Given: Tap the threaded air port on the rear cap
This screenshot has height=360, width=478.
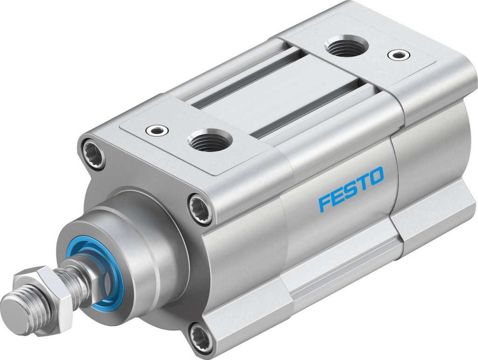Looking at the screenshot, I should (346, 46).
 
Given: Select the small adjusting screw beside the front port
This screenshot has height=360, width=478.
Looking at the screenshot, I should (155, 130).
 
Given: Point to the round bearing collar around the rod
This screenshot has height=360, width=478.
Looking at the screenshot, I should (126, 252).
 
